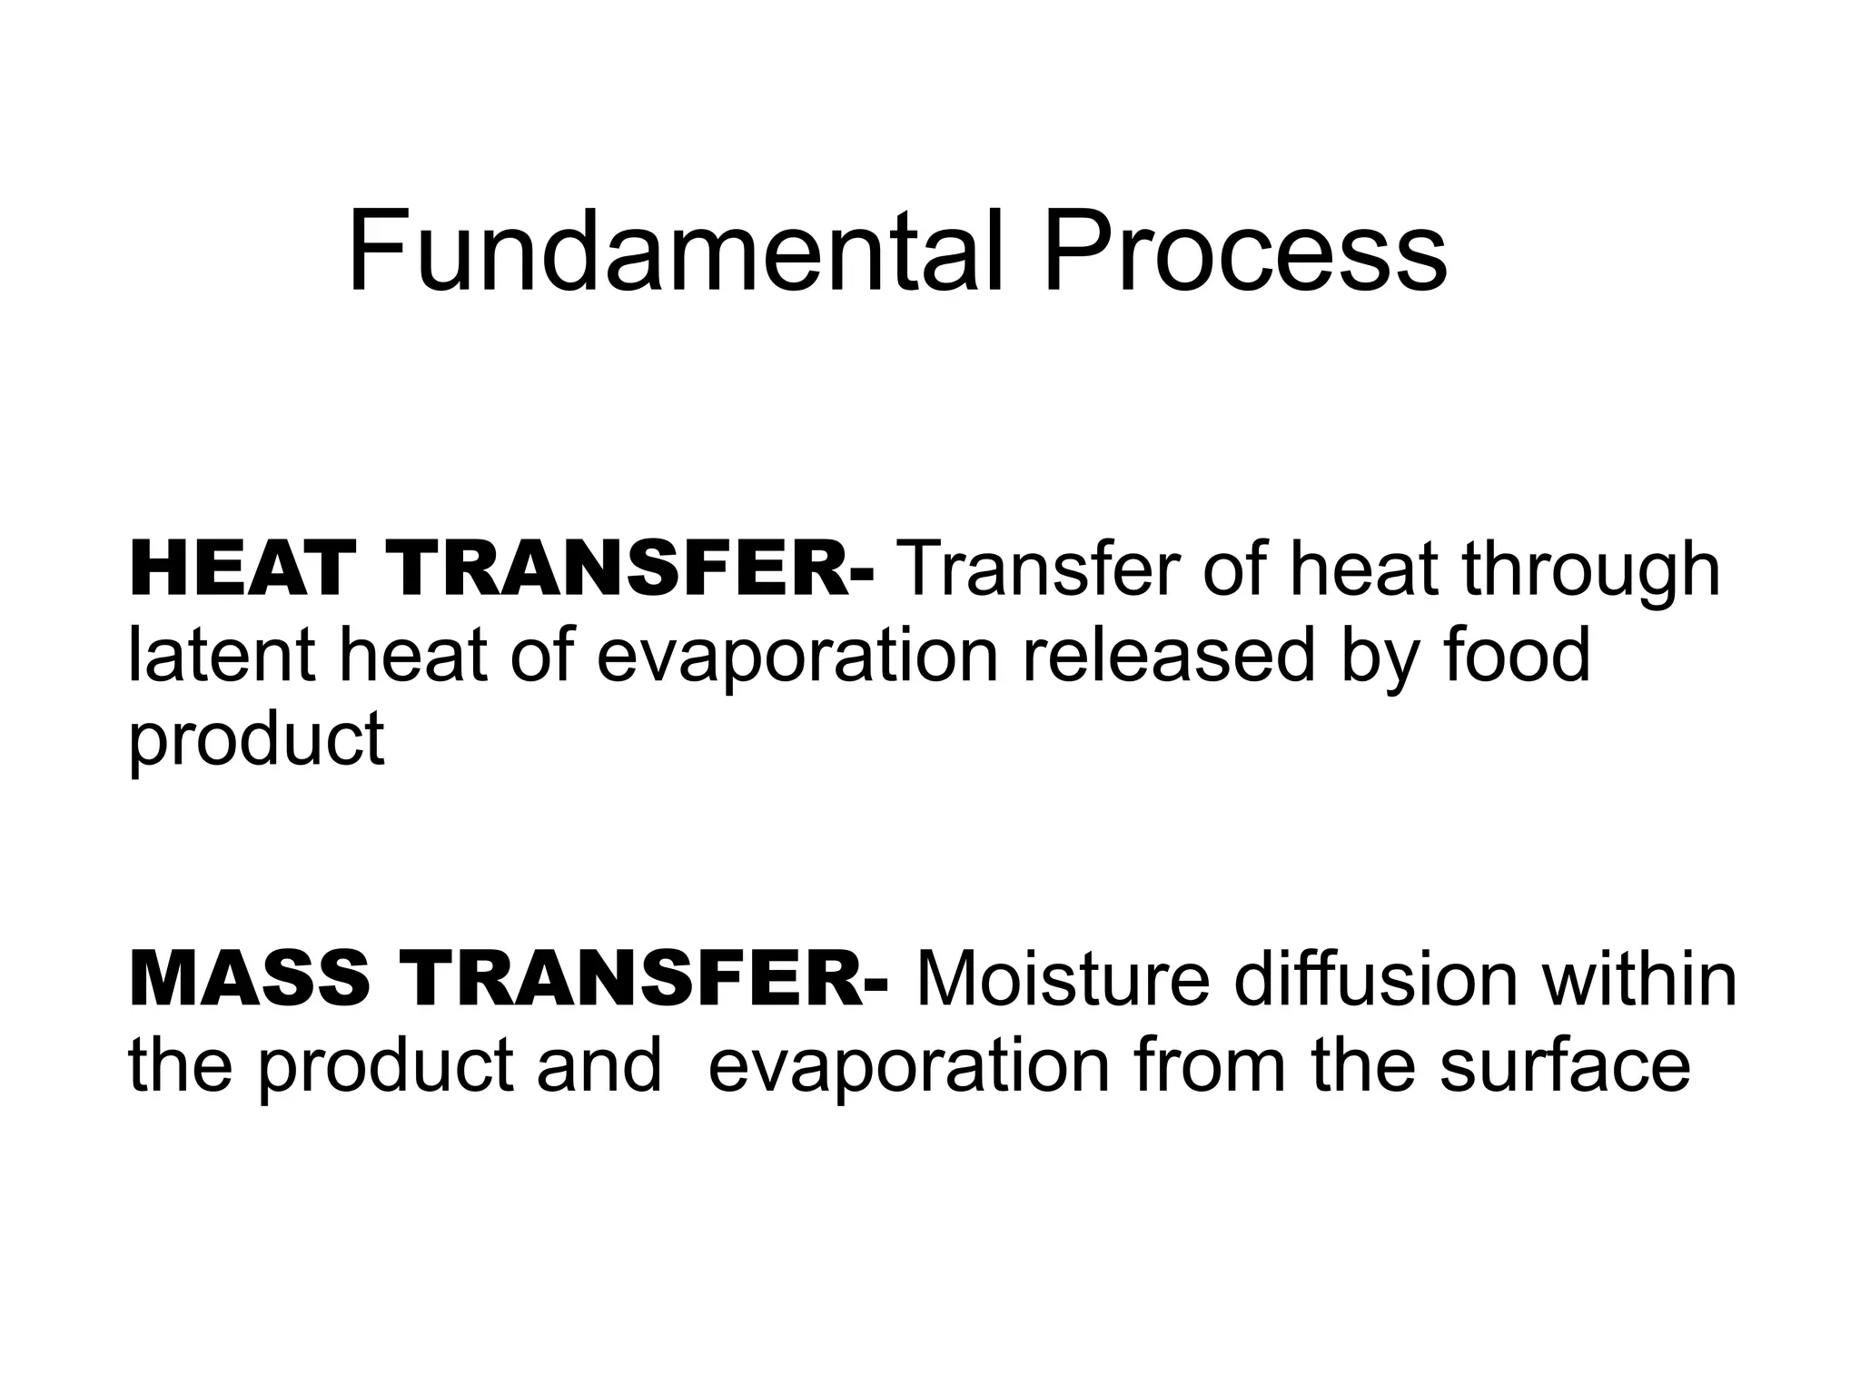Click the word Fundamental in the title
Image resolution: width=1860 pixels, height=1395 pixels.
click(676, 252)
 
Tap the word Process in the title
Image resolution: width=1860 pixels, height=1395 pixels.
click(1245, 252)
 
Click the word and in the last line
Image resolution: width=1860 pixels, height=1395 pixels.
click(599, 1064)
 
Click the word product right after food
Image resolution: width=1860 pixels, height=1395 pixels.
click(257, 737)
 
